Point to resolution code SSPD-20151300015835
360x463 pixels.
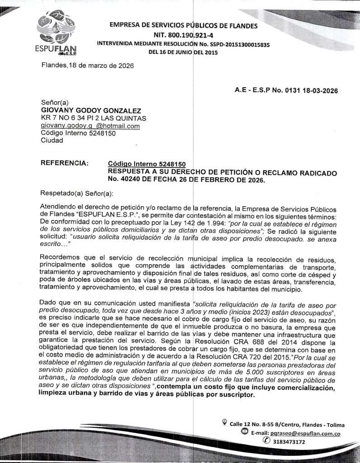coord(237,44)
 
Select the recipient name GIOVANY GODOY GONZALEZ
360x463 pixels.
coord(91,110)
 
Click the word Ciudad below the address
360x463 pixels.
coord(52,140)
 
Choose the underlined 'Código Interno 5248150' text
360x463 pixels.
coord(147,164)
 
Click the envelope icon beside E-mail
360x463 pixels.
coord(245,432)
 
